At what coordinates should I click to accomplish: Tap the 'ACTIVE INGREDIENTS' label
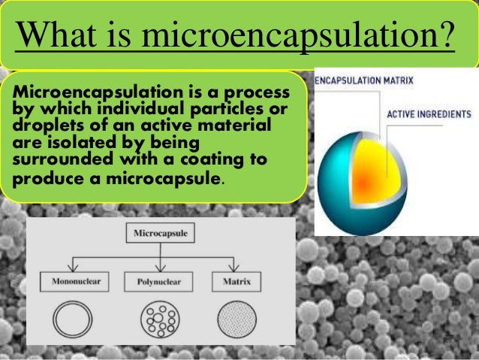coord(428,115)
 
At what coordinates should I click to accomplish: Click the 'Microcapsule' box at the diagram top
coord(159,234)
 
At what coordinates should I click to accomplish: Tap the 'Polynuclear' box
coord(159,283)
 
